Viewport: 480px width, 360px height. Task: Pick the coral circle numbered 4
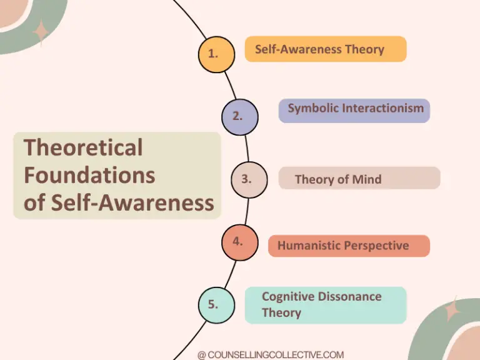pos(239,242)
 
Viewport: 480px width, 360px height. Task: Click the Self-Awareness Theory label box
pos(326,49)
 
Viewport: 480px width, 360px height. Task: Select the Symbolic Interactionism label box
pos(354,110)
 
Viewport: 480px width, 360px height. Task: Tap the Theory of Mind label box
pos(359,178)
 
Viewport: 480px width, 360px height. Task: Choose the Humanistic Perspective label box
pos(349,246)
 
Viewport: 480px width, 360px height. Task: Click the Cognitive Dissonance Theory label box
pos(325,305)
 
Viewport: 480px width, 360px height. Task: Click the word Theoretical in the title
pos(83,148)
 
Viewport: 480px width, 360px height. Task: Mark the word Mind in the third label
pos(367,179)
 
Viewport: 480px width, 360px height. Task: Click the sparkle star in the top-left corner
pos(41,32)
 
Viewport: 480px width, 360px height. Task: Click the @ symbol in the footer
pos(201,355)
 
